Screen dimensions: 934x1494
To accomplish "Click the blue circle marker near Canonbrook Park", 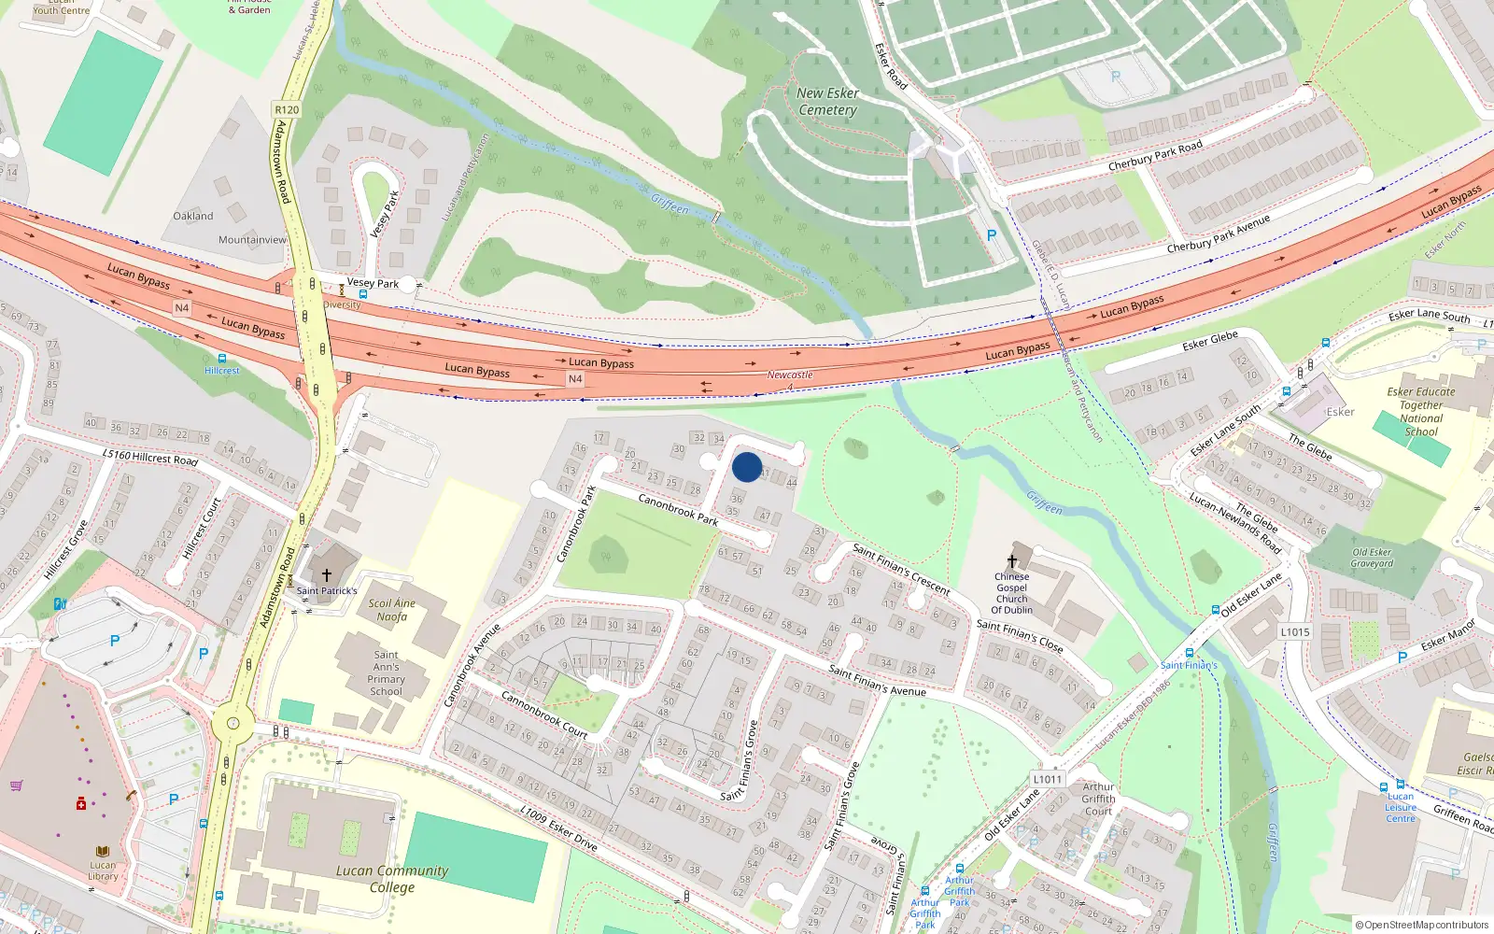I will (746, 467).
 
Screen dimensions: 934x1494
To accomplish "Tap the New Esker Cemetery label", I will (827, 102).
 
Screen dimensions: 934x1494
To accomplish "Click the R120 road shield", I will (287, 109).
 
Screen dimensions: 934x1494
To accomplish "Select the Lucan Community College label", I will (392, 879).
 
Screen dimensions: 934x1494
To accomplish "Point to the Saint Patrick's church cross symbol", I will (326, 574).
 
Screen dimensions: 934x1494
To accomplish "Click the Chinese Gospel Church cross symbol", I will (1012, 560).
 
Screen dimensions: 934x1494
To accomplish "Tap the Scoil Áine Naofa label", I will (392, 610).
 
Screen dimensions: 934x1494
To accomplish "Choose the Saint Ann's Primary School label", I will (386, 673).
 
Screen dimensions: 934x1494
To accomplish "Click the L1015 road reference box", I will (1295, 632).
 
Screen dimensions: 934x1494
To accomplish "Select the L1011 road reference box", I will (1048, 779).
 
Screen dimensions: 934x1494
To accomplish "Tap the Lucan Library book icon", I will (103, 852).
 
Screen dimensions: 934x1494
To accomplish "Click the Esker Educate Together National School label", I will (1420, 412).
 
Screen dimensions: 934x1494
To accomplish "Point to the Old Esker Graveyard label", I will (1372, 558).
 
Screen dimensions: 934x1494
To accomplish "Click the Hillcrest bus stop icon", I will (221, 358).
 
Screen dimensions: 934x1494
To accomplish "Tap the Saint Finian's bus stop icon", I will (1189, 653).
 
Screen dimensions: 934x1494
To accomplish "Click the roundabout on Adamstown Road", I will (233, 723).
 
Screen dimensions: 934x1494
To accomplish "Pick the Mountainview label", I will (252, 240).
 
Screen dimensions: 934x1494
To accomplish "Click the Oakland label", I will (193, 216).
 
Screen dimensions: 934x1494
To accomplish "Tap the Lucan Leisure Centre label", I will (1400, 807).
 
